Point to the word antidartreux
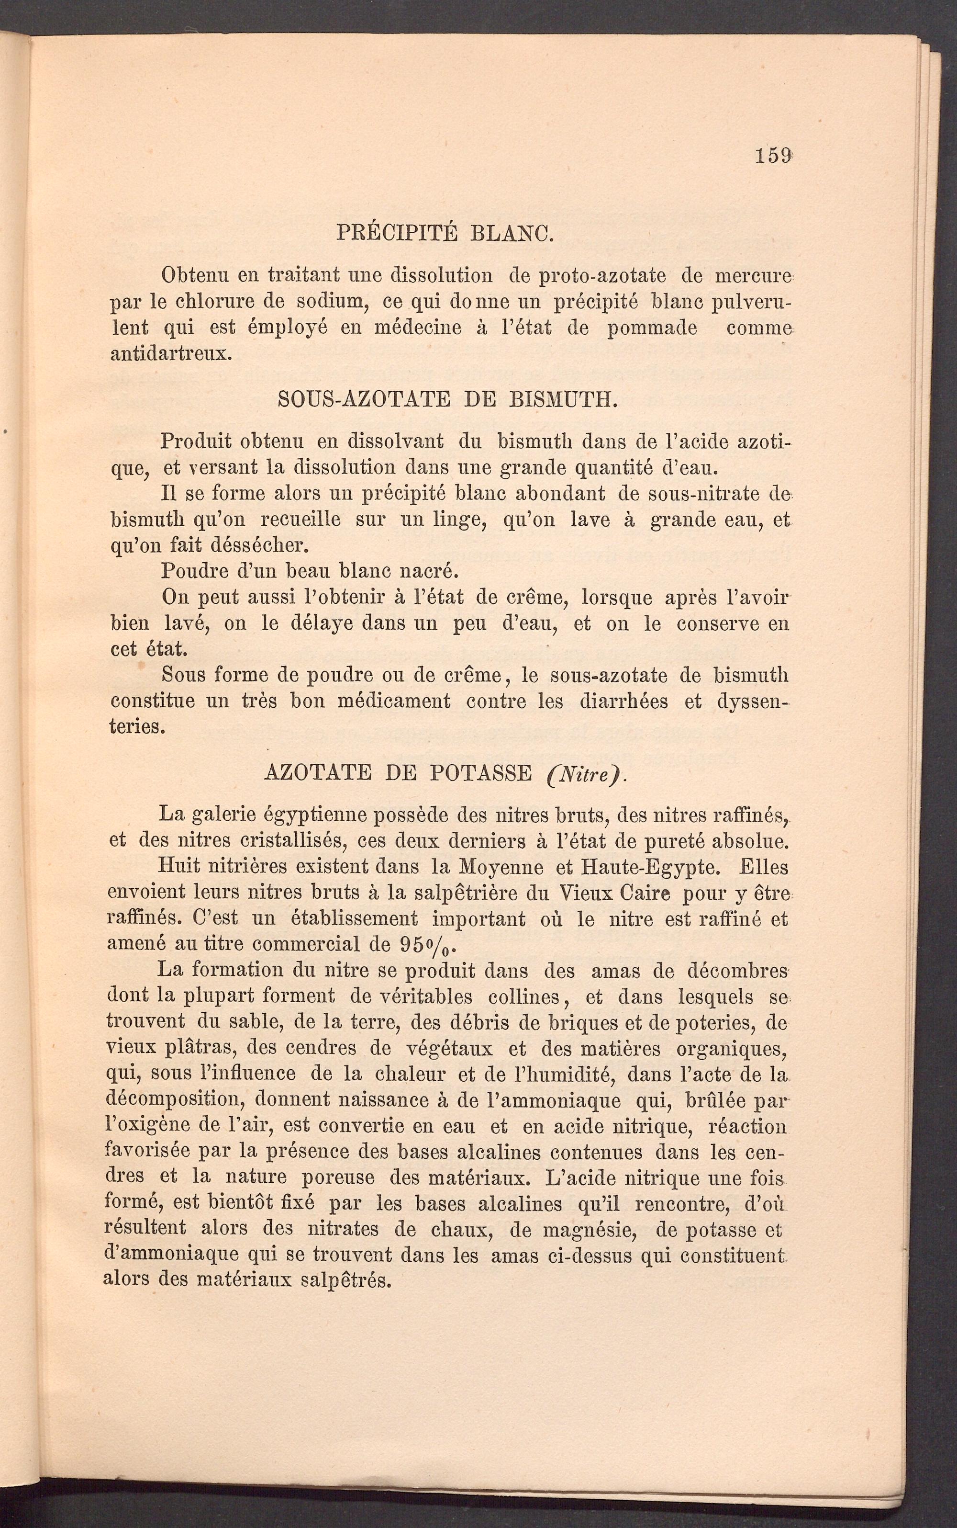pyautogui.click(x=171, y=353)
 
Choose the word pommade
pyautogui.click(x=652, y=328)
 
